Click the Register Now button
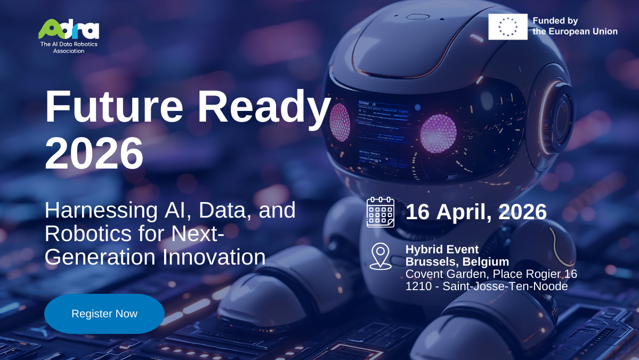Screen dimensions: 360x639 pyautogui.click(x=104, y=314)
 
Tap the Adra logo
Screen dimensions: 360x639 pyautogui.click(x=69, y=29)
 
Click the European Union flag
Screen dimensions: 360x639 pyautogui.click(x=507, y=27)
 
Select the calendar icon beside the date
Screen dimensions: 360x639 pyautogui.click(x=380, y=212)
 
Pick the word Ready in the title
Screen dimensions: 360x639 pyautogui.click(x=264, y=108)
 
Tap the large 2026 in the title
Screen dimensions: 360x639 pyautogui.click(x=94, y=153)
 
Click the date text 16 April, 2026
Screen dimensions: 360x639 pyautogui.click(x=476, y=212)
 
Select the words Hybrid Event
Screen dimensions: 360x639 pyautogui.click(x=442, y=249)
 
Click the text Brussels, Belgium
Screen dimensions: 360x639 pyautogui.click(x=457, y=262)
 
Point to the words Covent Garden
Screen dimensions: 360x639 pyautogui.click(x=447, y=274)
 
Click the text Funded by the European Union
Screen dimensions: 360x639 pyautogui.click(x=575, y=26)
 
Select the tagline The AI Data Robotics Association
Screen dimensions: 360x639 pyautogui.click(x=69, y=47)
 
